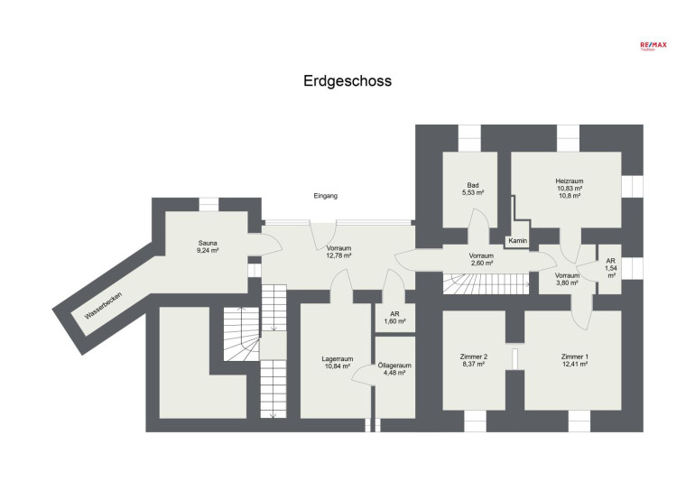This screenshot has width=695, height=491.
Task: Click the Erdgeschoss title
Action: click(347, 81)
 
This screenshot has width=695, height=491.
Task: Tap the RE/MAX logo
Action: click(653, 45)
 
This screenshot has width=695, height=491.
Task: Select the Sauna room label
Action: click(208, 243)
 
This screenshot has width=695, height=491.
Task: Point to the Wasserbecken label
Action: click(102, 306)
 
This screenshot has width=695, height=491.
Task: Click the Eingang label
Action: click(325, 196)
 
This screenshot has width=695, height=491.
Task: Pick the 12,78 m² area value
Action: click(339, 255)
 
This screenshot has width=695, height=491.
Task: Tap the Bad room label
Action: click(473, 185)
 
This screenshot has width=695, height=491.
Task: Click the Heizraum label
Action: click(570, 181)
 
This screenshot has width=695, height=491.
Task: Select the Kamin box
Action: click(518, 241)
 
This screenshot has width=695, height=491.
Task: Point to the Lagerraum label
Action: click(338, 359)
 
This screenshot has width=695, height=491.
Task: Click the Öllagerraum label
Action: click(394, 366)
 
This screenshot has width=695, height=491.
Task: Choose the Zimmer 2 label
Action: click(474, 357)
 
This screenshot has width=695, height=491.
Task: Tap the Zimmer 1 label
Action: click(575, 357)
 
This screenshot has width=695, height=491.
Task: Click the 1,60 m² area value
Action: click(395, 321)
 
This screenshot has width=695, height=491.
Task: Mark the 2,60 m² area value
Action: click(481, 263)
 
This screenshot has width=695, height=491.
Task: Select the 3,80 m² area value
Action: click(567, 283)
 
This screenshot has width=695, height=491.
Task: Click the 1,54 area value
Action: click(611, 268)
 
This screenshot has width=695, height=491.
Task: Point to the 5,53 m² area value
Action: click(472, 192)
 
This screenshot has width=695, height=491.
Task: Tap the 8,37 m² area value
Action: click(472, 364)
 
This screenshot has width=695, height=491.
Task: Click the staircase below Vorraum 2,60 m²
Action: click(486, 283)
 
